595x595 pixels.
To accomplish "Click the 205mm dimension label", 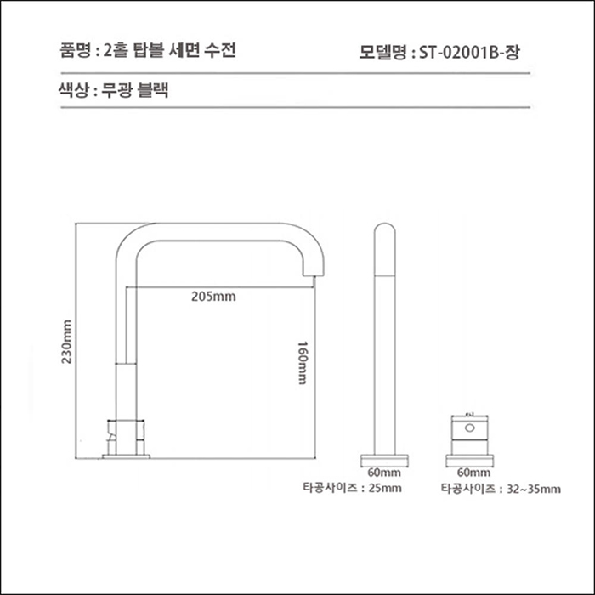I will [212, 297].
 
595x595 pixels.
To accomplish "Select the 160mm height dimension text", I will [301, 363].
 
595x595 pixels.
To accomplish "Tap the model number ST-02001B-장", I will [468, 52].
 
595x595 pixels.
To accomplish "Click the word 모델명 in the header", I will [383, 52].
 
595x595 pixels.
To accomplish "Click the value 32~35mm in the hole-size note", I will [533, 488].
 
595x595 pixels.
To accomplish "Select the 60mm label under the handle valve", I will [469, 472].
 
